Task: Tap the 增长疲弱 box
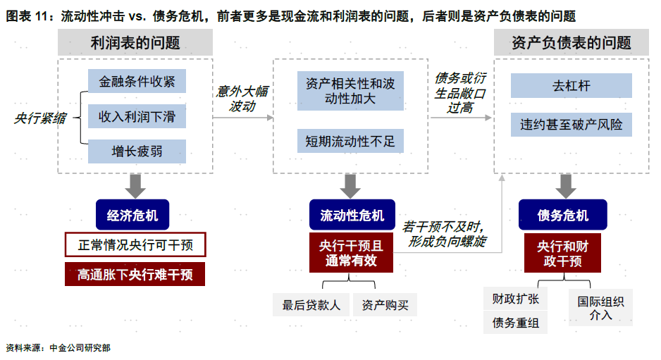137,151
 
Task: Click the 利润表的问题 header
135,43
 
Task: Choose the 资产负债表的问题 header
572,43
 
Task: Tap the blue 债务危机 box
562,216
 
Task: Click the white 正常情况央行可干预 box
135,245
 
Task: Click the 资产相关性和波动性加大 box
350,91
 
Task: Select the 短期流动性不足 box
350,141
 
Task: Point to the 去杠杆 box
571,86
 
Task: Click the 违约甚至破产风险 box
571,125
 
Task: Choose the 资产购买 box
385,305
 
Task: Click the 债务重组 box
515,323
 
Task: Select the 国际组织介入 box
600,308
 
